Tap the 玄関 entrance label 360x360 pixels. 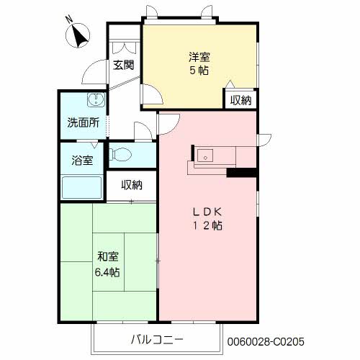click(123, 65)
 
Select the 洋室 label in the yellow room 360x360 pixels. click(199, 57)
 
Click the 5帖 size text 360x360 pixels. click(199, 71)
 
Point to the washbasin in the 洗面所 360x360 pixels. click(96, 100)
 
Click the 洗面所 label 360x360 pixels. click(83, 122)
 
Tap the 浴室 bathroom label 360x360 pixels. click(82, 160)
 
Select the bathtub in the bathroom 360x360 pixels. click(82, 188)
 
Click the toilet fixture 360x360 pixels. click(120, 154)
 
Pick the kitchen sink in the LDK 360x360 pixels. click(205, 156)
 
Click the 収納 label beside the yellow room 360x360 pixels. click(240, 100)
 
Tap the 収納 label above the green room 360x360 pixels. click(132, 185)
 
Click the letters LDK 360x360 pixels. click(207, 212)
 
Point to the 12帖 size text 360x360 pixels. click(207, 225)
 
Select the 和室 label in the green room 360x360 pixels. click(107, 256)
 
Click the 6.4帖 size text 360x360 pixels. click(107, 272)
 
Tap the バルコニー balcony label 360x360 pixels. click(157, 339)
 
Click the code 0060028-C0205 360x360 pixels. click(266, 341)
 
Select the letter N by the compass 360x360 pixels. click(69, 19)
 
